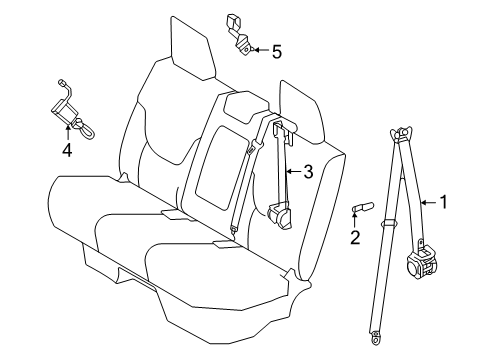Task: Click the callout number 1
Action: pyautogui.click(x=445, y=201)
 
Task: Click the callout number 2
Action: pyautogui.click(x=354, y=237)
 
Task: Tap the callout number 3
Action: pyautogui.click(x=308, y=172)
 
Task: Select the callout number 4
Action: pyautogui.click(x=67, y=151)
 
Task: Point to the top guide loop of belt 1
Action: pyautogui.click(x=405, y=131)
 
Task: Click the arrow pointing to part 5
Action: pyautogui.click(x=260, y=48)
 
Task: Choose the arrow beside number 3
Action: pyautogui.click(x=292, y=172)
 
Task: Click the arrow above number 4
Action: pyautogui.click(x=67, y=130)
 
